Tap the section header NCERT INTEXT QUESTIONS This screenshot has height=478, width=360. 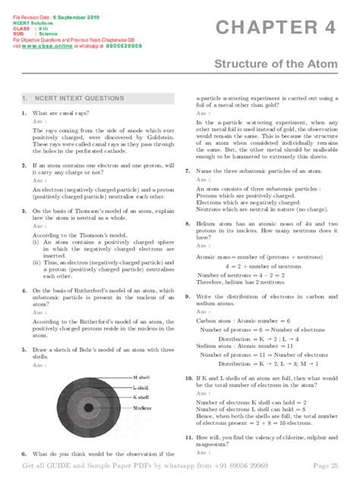pyautogui.click(x=73, y=98)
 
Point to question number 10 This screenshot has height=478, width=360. pyautogui.click(x=188, y=377)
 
